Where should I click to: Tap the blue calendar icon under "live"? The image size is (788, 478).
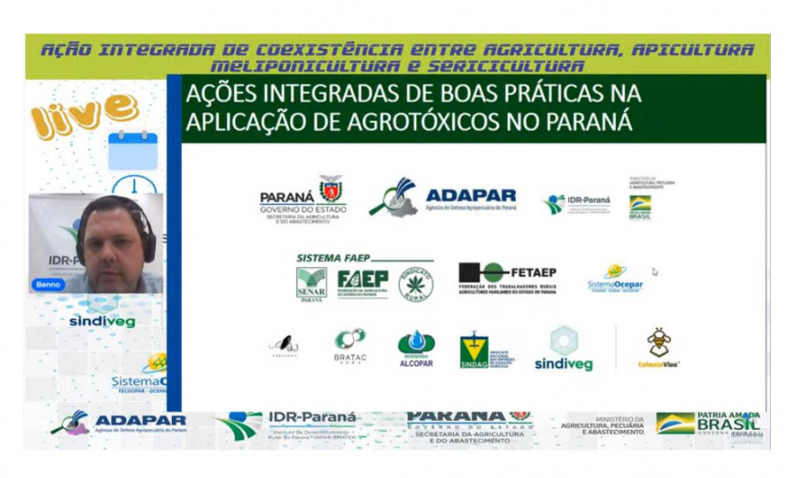coord(133,151)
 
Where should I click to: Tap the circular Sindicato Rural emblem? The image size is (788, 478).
coord(415,282)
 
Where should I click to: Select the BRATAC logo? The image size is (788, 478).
coord(350,345)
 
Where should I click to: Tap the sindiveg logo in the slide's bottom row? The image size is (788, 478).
coord(564,349)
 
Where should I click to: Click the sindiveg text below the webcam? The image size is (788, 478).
coord(102,321)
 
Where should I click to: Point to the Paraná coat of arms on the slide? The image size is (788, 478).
coord(330,187)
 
